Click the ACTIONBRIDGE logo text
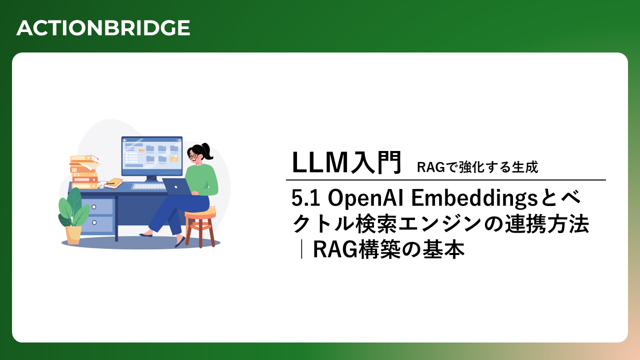pyautogui.click(x=103, y=28)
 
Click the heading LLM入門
pyautogui.click(x=347, y=162)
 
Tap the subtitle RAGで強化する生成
pyautogui.click(x=477, y=167)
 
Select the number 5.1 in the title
pyautogui.click(x=305, y=197)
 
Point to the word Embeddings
pyautogui.click(x=475, y=197)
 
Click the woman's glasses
pyautogui.click(x=193, y=156)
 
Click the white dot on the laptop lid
pyautogui.click(x=176, y=187)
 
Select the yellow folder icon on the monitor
pyautogui.click(x=173, y=159)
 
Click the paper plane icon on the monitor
pyautogui.click(x=141, y=150)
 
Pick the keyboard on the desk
pyautogui.click(x=148, y=186)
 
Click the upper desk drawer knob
pyautogui.click(x=94, y=206)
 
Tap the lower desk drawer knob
pyautogui.click(x=94, y=222)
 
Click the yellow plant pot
pyautogui.click(x=73, y=235)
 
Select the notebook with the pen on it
pyautogui.click(x=113, y=183)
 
